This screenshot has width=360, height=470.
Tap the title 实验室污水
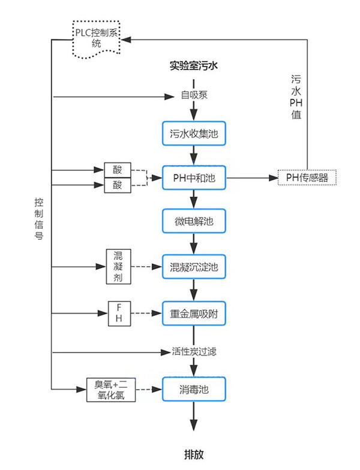193,66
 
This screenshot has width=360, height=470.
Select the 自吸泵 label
194,95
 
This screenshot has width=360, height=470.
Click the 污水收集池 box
194,133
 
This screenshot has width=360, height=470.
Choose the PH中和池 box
194,177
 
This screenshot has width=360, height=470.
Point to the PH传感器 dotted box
307,177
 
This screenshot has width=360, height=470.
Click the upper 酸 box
117,170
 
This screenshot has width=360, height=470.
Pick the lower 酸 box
117,185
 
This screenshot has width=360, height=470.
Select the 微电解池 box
194,221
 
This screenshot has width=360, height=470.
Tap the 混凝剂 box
118,266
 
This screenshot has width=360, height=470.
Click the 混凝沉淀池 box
194,266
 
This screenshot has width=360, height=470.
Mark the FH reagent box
118,314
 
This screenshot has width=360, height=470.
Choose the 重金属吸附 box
194,313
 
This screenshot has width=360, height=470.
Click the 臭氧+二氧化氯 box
111,390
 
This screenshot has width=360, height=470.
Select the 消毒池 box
194,389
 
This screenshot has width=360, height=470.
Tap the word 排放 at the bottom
194,454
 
